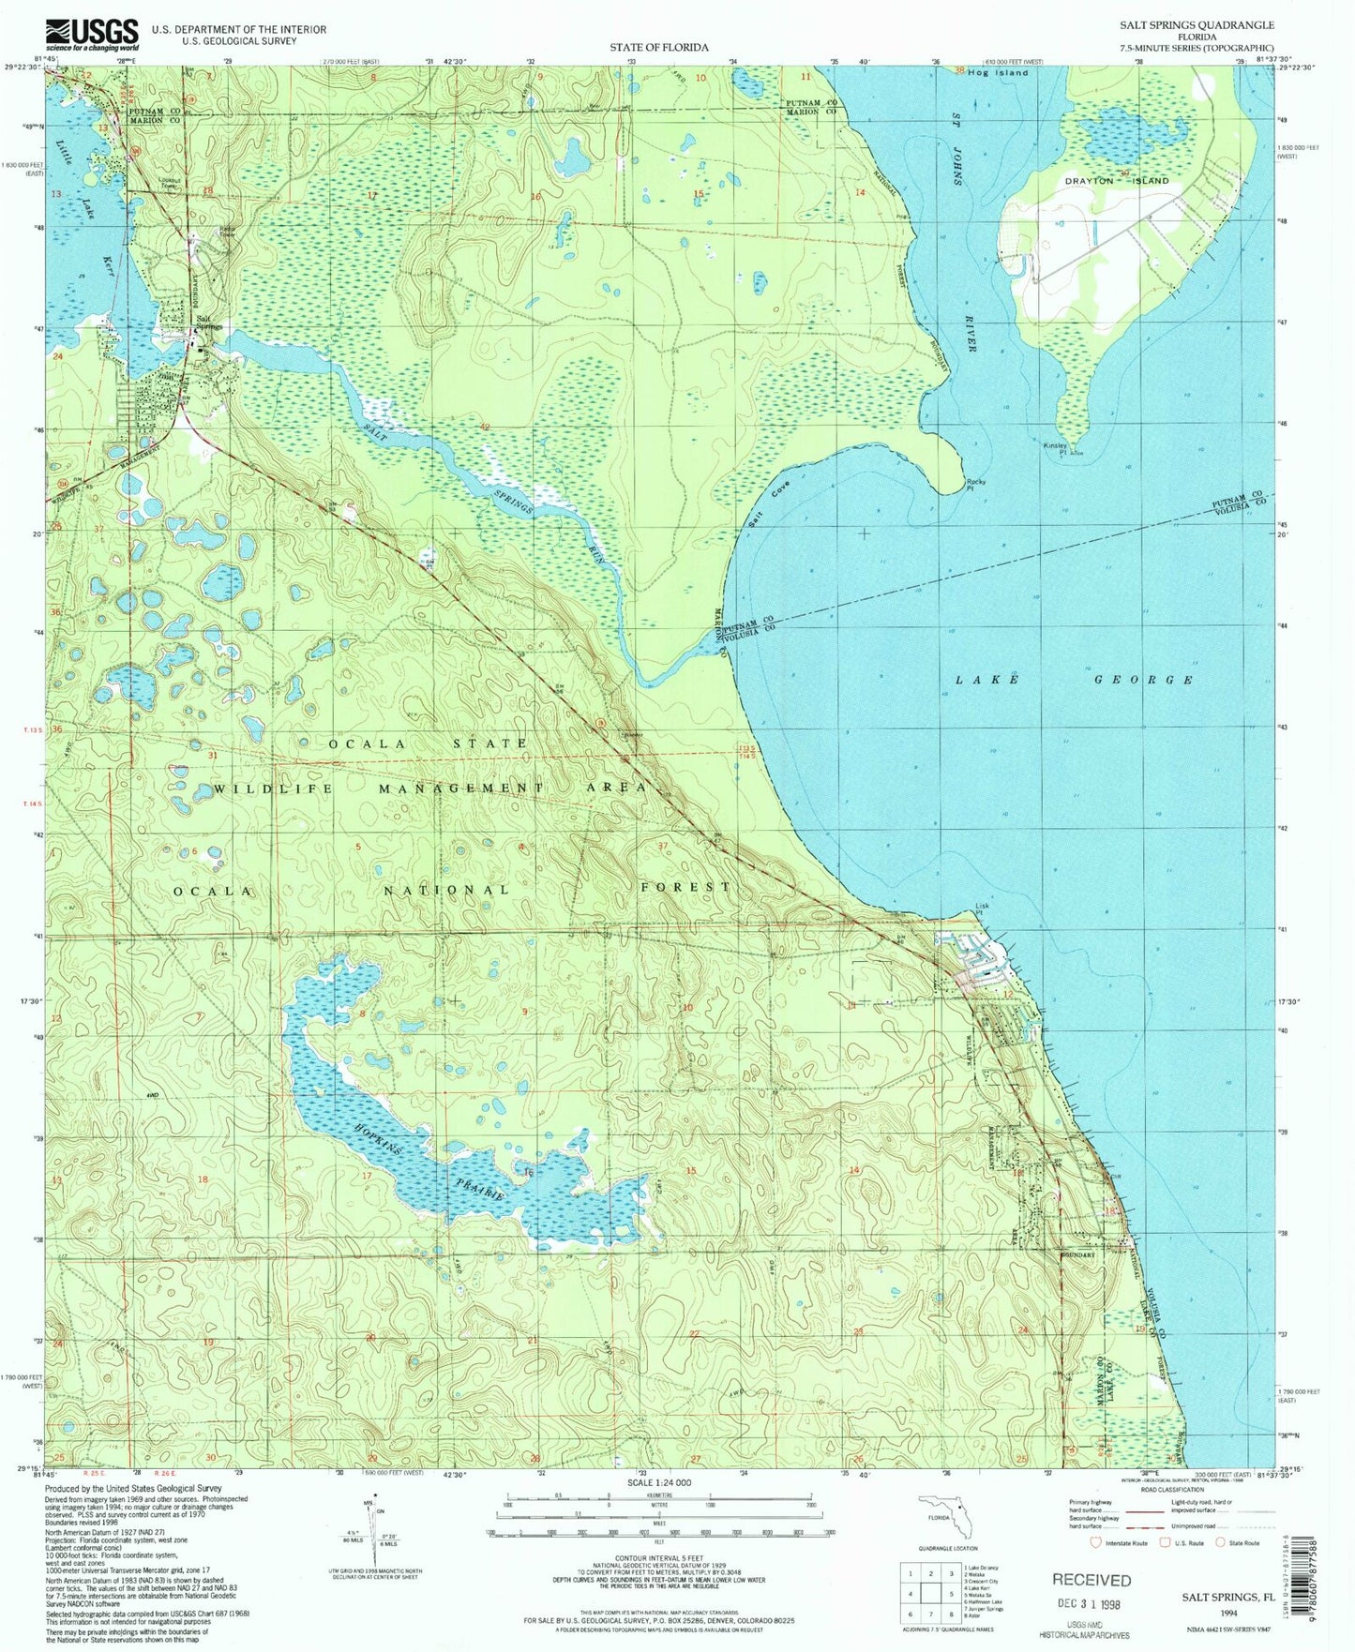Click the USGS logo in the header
(92, 35)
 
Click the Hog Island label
(998, 72)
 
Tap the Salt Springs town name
(207, 323)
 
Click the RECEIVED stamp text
(1092, 1580)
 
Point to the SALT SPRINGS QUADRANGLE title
(1203, 25)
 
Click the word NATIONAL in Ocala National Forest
(446, 889)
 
